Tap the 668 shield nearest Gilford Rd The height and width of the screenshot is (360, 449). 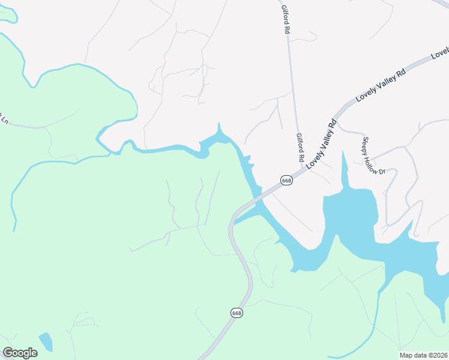[x=287, y=181]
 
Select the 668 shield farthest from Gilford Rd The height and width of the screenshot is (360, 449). [x=237, y=313]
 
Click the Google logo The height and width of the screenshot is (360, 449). [x=20, y=353]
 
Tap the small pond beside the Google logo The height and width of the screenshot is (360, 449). [x=45, y=341]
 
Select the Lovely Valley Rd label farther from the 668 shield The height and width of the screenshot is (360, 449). [x=381, y=84]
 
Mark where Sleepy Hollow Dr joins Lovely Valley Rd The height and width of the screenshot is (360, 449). [x=337, y=125]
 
